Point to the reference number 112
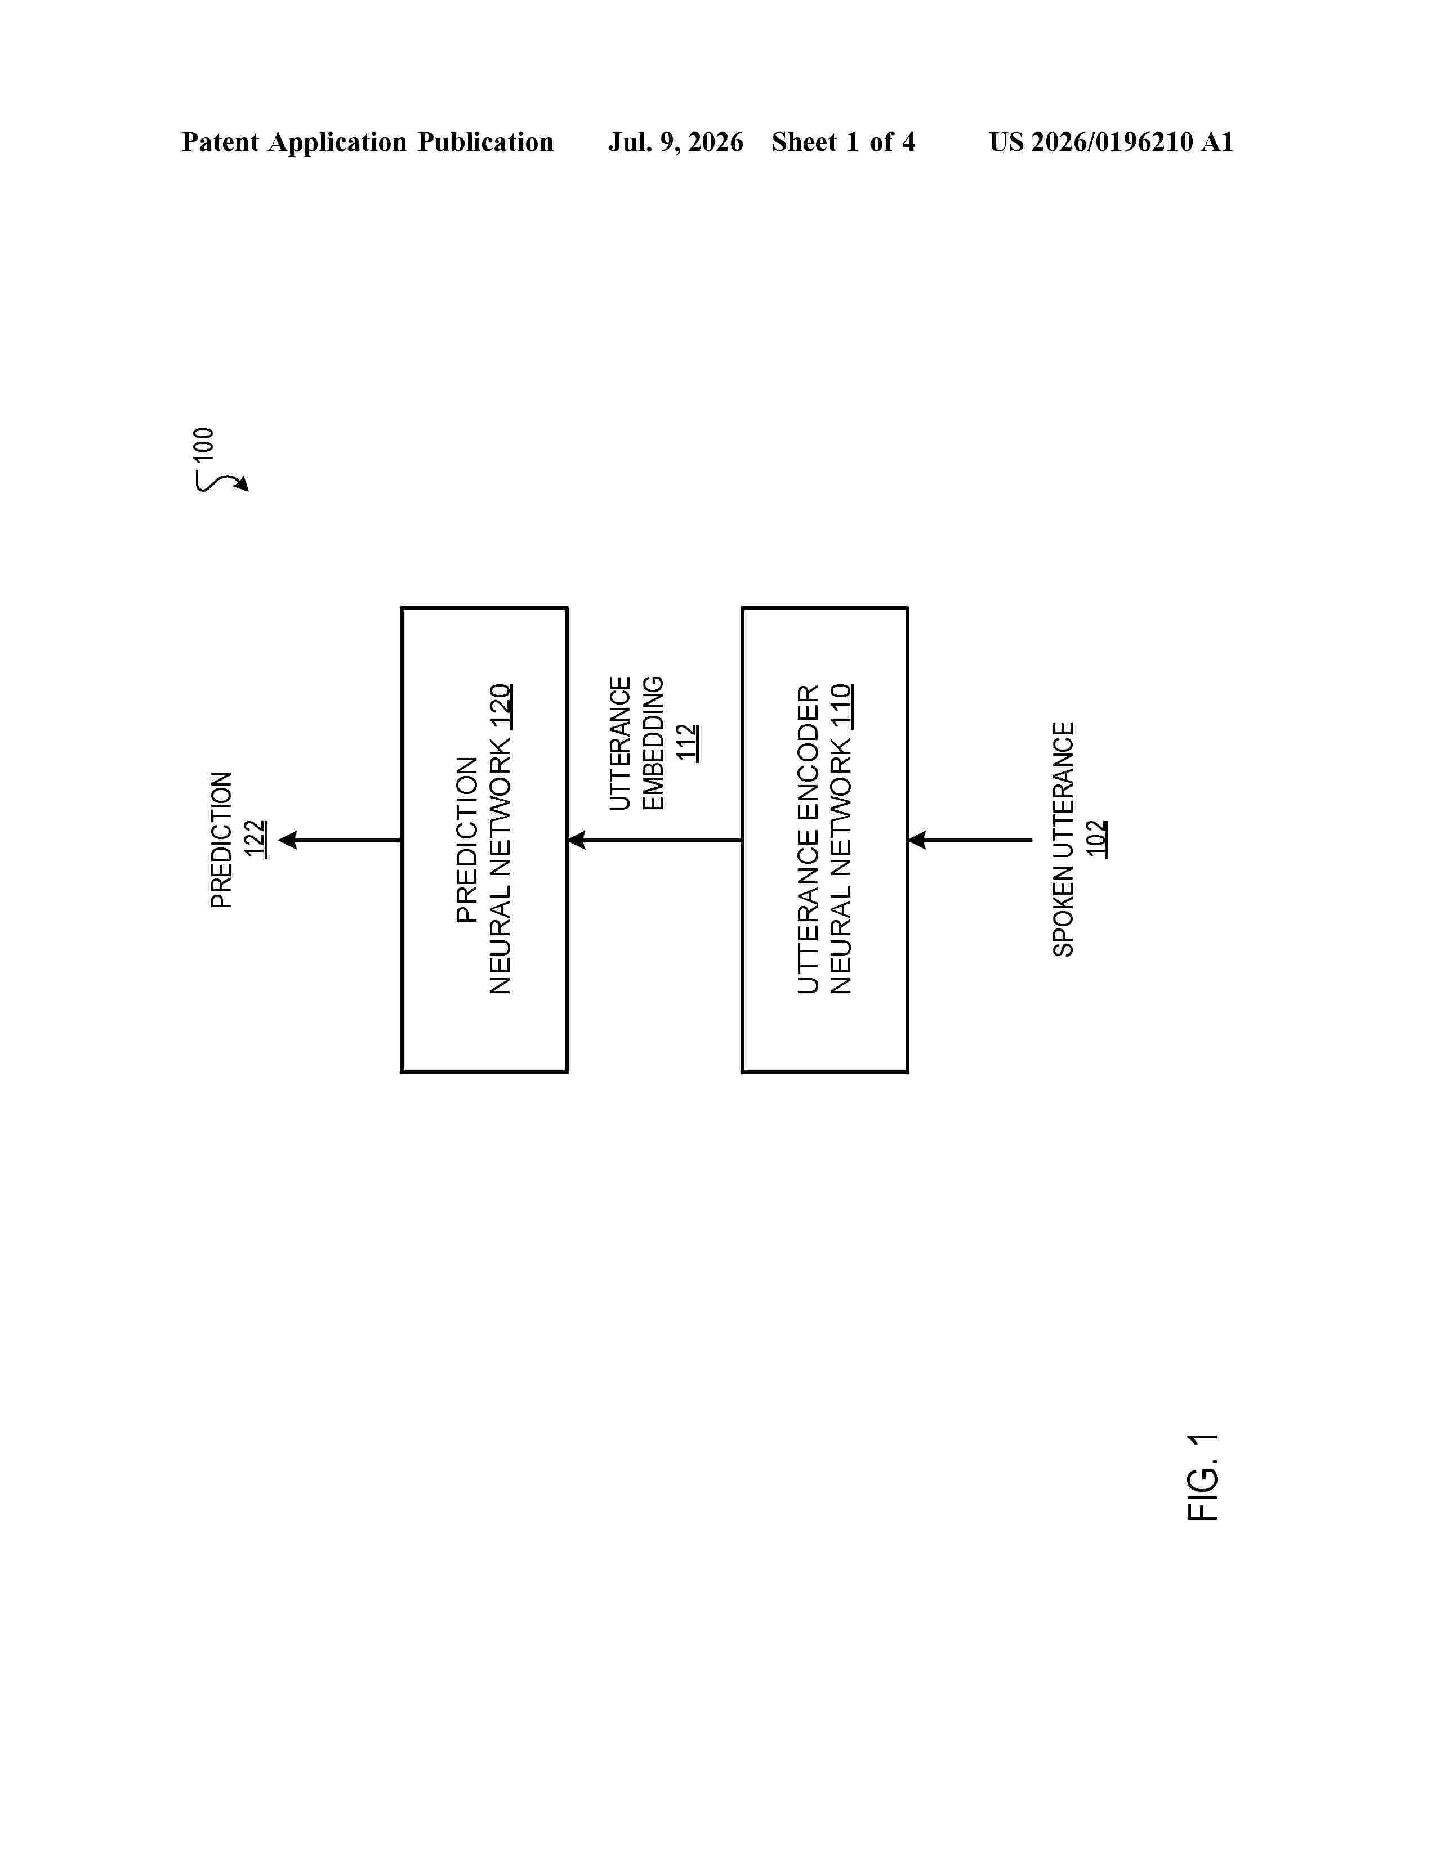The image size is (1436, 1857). tap(688, 742)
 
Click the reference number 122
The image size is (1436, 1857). tap(255, 839)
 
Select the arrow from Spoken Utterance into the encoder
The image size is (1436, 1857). tap(970, 840)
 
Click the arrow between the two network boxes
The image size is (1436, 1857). tap(654, 840)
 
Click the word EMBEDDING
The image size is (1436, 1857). tap(653, 743)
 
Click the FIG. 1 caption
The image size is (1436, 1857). tap(1202, 1477)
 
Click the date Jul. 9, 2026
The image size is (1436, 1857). tap(675, 142)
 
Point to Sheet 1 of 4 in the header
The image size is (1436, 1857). tap(843, 142)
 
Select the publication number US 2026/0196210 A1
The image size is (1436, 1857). tap(1111, 142)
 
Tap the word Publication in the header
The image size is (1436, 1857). tap(485, 142)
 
